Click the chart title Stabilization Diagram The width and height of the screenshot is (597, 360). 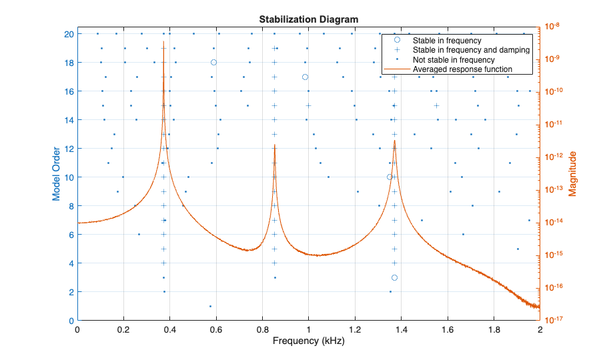coord(308,19)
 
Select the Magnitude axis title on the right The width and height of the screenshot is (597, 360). coord(572,174)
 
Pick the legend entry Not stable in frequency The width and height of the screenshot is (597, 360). coord(454,59)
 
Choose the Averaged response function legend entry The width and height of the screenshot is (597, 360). coord(462,69)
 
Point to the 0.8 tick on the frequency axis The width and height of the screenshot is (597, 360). coord(263,329)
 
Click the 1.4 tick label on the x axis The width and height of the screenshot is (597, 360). coord(401,329)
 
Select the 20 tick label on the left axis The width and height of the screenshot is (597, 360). coord(69,33)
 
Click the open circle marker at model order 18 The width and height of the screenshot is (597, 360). coord(213,62)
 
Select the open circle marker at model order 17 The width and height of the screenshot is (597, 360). coord(305,77)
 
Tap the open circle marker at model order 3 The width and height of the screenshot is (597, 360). coord(394,277)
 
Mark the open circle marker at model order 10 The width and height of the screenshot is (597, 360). coord(390,177)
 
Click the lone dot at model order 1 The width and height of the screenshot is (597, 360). coord(210,306)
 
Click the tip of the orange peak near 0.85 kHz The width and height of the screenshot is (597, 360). coord(274,143)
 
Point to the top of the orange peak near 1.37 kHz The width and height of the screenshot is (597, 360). coord(394,140)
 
